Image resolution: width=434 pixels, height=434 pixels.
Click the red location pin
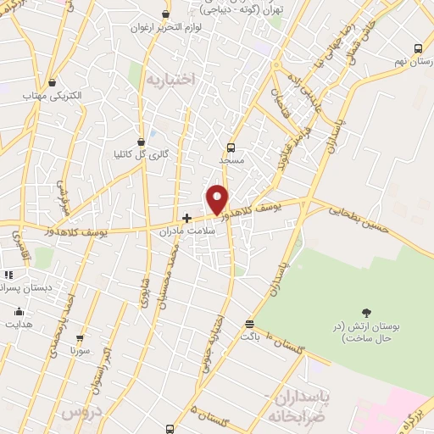(x=217, y=199)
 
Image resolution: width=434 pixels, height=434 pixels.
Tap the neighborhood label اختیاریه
(x=170, y=78)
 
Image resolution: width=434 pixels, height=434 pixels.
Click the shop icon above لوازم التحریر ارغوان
(x=166, y=14)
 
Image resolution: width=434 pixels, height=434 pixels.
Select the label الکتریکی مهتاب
(x=53, y=96)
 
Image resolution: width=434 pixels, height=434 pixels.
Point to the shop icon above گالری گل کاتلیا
(x=142, y=142)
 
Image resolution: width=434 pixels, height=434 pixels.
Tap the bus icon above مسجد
(x=231, y=147)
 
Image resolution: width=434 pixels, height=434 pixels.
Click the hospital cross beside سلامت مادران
(x=186, y=218)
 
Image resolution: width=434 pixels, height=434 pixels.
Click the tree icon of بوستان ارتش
(x=366, y=314)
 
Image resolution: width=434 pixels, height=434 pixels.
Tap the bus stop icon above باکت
(x=248, y=324)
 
